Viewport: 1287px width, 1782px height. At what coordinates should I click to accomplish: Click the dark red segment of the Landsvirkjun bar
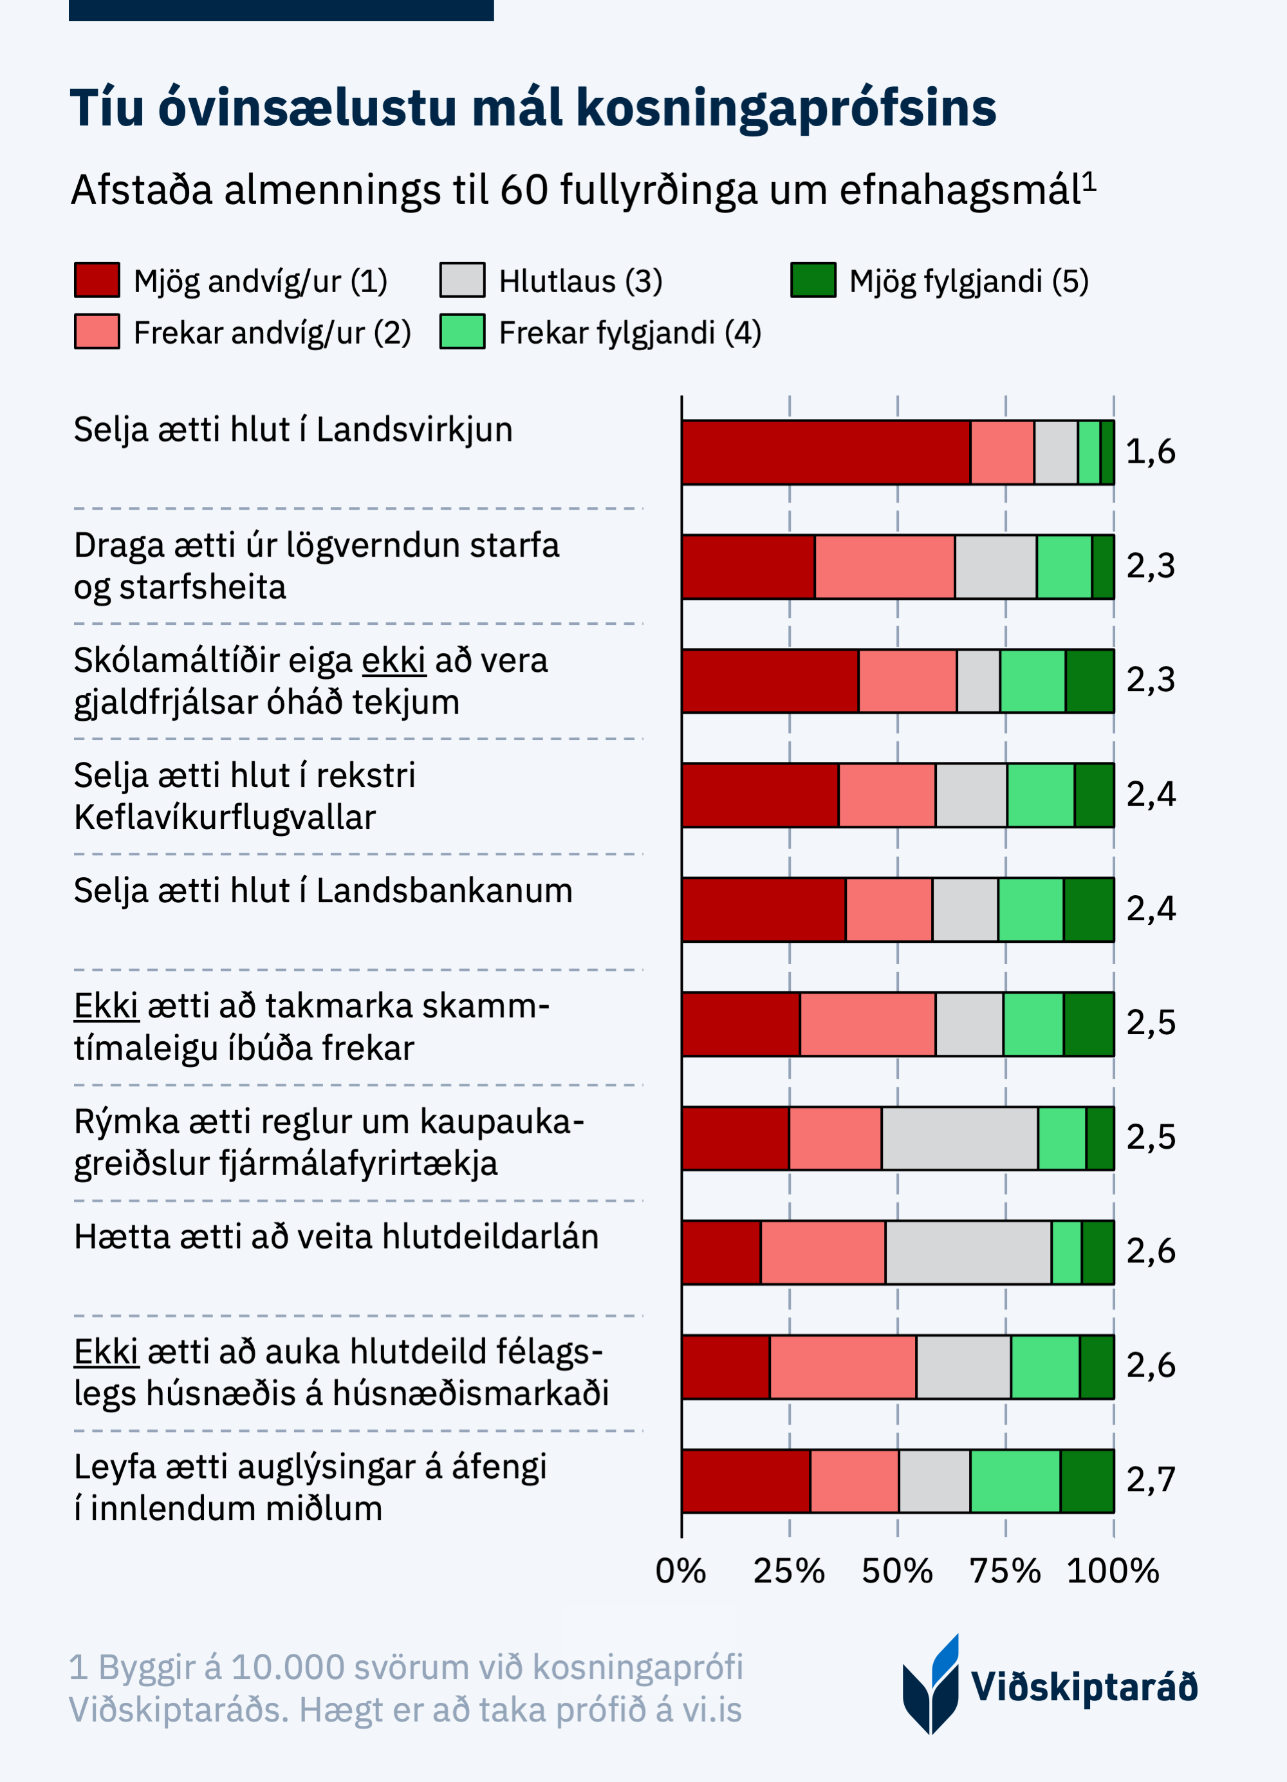coord(826,452)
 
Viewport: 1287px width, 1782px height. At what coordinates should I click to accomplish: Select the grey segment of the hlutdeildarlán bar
coord(968,1252)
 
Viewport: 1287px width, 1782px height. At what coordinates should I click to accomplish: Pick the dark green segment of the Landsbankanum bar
coord(1088,909)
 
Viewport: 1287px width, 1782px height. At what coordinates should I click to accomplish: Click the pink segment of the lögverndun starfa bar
coord(885,566)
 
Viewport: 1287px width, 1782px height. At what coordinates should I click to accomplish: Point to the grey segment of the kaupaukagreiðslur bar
coord(959,1138)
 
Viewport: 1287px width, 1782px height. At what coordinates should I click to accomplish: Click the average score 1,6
coord(1151,452)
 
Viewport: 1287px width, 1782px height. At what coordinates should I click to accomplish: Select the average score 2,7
coord(1151,1480)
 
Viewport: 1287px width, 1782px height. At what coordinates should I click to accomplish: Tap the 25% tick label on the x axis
coord(789,1572)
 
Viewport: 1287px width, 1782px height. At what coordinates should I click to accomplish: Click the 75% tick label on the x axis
coord(1005,1572)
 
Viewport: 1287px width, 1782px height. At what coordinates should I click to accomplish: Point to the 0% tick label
coord(680,1572)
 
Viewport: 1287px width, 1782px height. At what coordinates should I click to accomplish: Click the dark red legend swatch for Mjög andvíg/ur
coord(97,281)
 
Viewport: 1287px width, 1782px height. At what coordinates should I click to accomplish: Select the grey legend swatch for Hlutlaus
coord(462,281)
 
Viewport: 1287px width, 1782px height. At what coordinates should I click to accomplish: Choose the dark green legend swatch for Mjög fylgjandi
coord(813,281)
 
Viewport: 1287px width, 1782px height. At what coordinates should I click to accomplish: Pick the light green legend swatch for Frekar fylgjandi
coord(462,331)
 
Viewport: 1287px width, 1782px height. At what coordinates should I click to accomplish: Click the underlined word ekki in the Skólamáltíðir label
coord(394,661)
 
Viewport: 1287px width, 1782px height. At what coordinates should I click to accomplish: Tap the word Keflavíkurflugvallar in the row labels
coord(225,818)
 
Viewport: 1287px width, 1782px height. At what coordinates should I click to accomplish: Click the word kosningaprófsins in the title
coord(786,107)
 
